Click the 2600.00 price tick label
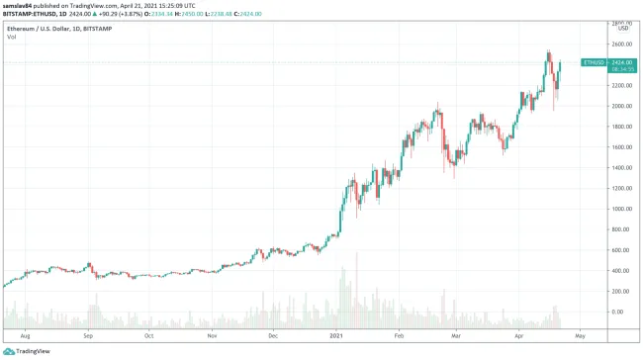[x=621, y=44]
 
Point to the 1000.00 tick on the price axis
[x=621, y=209]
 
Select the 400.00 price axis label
[x=621, y=271]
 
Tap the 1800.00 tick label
[x=621, y=127]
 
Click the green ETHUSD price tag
[x=594, y=62]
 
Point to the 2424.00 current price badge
[x=622, y=62]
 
